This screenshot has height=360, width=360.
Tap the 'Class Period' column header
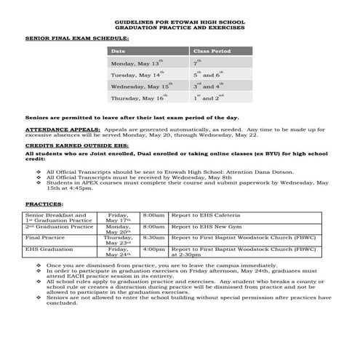point(211,52)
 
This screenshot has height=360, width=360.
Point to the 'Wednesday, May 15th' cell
point(141,87)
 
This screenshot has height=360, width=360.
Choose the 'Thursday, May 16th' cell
point(137,98)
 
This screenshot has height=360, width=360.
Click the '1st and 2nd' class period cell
point(209,98)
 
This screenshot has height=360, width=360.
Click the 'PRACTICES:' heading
point(44,204)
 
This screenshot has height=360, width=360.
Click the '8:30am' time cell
point(153,237)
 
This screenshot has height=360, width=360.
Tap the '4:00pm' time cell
point(153,249)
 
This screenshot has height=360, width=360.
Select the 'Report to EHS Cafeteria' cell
point(204,216)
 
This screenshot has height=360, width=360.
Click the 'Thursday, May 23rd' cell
point(118,240)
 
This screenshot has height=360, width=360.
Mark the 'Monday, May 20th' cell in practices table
point(118,230)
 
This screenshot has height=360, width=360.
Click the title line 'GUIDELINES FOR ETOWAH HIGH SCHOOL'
point(179,23)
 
